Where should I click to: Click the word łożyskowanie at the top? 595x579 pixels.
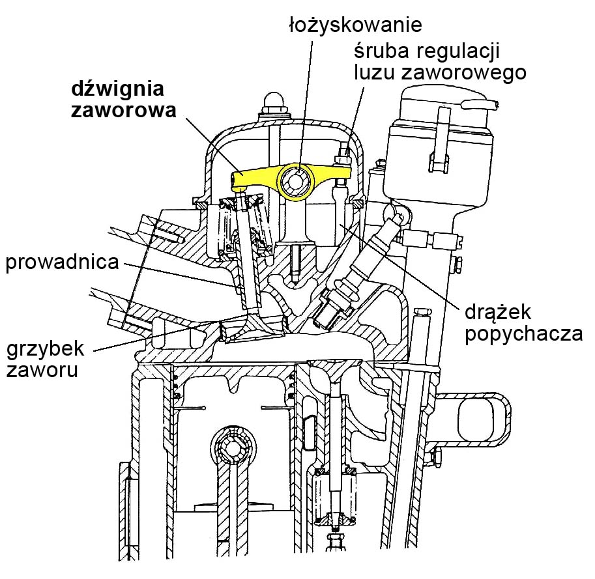tap(356, 25)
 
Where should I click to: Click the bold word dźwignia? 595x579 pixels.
tap(118, 89)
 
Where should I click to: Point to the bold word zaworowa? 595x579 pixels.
tap(123, 110)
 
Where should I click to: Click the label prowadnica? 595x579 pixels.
tap(62, 264)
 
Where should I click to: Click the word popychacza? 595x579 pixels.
tap(523, 333)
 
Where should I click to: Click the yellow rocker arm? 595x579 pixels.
tap(261, 178)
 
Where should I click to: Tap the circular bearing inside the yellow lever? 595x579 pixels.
tap(297, 179)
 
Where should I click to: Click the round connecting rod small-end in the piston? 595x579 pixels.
tap(233, 447)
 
